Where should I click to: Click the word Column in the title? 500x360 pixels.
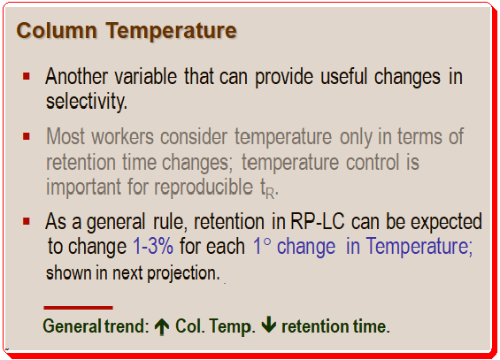(x=57, y=31)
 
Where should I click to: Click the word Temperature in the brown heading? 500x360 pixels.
(x=171, y=32)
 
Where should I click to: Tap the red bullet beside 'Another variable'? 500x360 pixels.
(x=27, y=76)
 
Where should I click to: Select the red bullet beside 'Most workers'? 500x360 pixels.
(x=27, y=136)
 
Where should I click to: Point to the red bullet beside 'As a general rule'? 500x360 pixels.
(x=27, y=221)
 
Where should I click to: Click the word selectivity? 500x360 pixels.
(x=87, y=102)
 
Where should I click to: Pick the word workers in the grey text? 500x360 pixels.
(x=123, y=136)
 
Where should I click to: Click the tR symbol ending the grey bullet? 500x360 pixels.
(x=269, y=188)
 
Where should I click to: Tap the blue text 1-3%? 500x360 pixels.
(x=153, y=246)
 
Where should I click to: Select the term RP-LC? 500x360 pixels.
(x=318, y=221)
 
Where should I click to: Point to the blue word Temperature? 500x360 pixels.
(x=419, y=247)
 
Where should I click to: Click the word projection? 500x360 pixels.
(x=183, y=273)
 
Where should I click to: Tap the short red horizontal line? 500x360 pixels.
(x=78, y=308)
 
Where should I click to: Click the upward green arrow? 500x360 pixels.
(x=162, y=326)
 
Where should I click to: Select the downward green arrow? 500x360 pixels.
(x=269, y=326)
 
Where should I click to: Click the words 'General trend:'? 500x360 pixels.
(x=96, y=326)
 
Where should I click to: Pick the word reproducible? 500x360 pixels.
(x=204, y=187)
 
